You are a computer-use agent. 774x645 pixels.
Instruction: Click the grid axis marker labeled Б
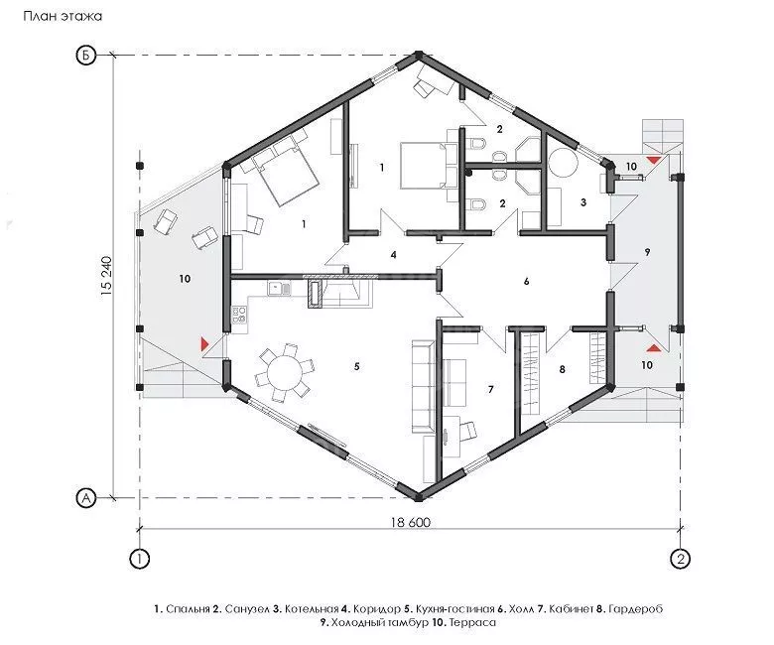pyautogui.click(x=85, y=56)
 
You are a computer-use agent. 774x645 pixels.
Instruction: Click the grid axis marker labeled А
pyautogui.click(x=86, y=498)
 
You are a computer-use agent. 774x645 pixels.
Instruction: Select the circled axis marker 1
pyautogui.click(x=140, y=560)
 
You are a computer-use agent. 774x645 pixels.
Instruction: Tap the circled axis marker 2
pyautogui.click(x=681, y=560)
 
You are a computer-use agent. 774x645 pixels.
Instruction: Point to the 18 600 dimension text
pyautogui.click(x=411, y=522)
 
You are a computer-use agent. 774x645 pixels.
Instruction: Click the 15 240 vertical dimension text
pyautogui.click(x=107, y=277)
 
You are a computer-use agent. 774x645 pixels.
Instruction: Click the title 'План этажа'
pyautogui.click(x=63, y=16)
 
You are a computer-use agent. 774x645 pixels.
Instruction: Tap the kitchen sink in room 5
pyautogui.click(x=280, y=288)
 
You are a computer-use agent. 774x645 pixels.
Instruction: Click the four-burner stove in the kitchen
pyautogui.click(x=240, y=315)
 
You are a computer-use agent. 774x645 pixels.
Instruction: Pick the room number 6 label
pyautogui.click(x=527, y=281)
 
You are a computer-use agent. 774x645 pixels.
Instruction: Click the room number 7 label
pyautogui.click(x=490, y=389)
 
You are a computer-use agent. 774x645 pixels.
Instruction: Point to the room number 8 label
pyautogui.click(x=562, y=369)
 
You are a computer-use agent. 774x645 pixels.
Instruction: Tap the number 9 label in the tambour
pyautogui.click(x=647, y=252)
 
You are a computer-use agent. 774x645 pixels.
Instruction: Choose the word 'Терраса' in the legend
pyautogui.click(x=471, y=622)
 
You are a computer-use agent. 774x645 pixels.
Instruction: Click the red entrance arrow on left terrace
pyautogui.click(x=204, y=343)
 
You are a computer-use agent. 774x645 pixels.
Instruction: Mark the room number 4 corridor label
pyautogui.click(x=393, y=255)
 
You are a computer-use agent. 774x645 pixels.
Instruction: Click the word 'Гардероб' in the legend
pyautogui.click(x=636, y=609)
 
